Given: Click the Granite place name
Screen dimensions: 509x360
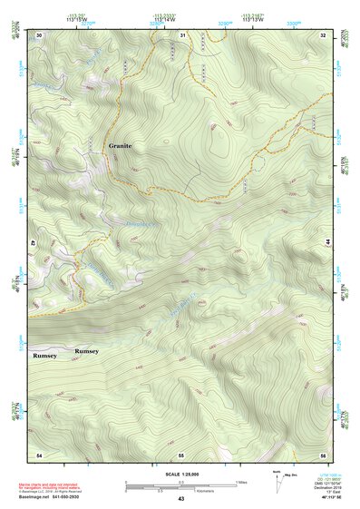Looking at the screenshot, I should [x=120, y=145].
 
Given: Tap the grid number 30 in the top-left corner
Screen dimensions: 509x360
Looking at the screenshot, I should [x=39, y=35].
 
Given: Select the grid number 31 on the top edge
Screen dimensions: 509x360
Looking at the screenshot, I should [x=182, y=35].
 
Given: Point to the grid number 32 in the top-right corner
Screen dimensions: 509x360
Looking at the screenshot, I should [x=323, y=35].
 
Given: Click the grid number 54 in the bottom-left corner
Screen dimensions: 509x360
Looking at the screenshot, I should [x=39, y=453].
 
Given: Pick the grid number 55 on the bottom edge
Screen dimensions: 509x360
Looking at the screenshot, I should [x=181, y=453].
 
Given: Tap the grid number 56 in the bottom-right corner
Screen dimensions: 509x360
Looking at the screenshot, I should [x=322, y=453].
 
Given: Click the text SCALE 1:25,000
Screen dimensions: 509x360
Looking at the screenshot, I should [x=180, y=473].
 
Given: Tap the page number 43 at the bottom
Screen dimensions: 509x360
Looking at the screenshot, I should [x=181, y=499].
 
